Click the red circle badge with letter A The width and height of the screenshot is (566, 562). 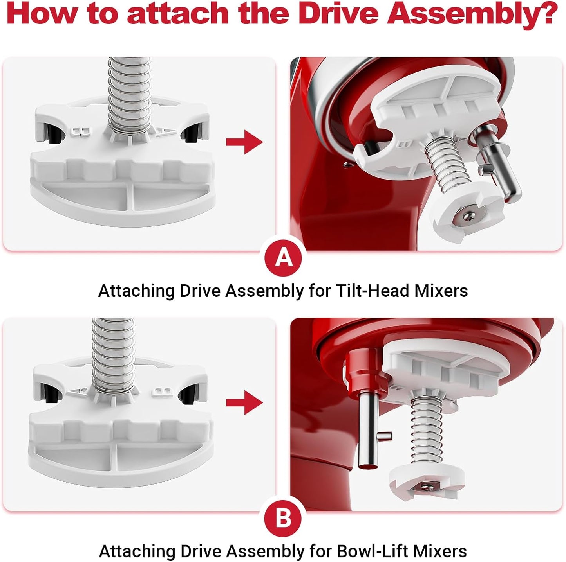(284, 258)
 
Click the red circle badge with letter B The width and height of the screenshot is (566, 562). (284, 518)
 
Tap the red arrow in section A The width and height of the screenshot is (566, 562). (244, 142)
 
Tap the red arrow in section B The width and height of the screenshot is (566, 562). (244, 402)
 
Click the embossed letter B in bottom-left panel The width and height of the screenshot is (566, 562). (161, 391)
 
